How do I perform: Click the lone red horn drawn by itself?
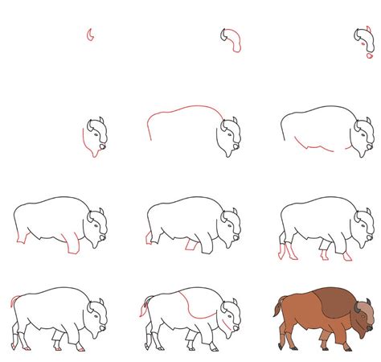tap(91, 35)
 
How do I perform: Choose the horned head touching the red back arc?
tap(227, 135)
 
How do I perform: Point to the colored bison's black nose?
tap(371, 326)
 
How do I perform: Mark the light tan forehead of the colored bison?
tap(365, 306)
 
